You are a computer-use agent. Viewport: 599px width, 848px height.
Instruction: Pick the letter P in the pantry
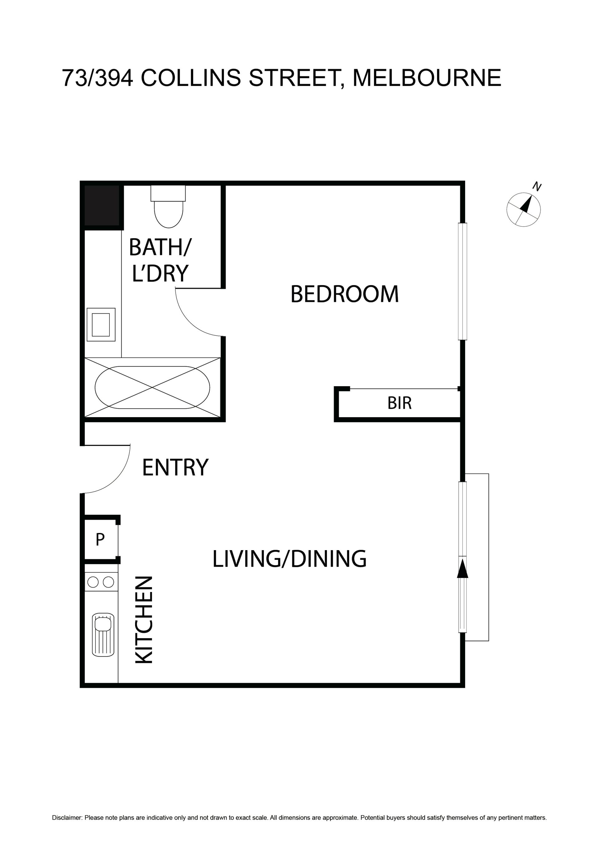pyautogui.click(x=100, y=540)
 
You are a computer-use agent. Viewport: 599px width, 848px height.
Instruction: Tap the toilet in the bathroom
pyautogui.click(x=168, y=206)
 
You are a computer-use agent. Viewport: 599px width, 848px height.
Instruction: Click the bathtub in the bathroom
pyautogui.click(x=153, y=387)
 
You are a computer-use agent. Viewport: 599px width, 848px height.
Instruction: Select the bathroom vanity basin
pyautogui.click(x=101, y=325)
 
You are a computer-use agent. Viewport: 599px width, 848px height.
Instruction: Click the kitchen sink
pyautogui.click(x=103, y=634)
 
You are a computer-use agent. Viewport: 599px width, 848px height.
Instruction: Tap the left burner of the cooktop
pyautogui.click(x=93, y=582)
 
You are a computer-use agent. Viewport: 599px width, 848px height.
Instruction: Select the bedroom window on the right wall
pyautogui.click(x=462, y=281)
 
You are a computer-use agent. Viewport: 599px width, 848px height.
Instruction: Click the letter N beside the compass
pyautogui.click(x=537, y=187)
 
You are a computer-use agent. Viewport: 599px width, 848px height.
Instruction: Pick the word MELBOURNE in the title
pyautogui.click(x=427, y=78)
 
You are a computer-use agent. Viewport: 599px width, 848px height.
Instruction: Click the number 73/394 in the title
pyautogui.click(x=97, y=78)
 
